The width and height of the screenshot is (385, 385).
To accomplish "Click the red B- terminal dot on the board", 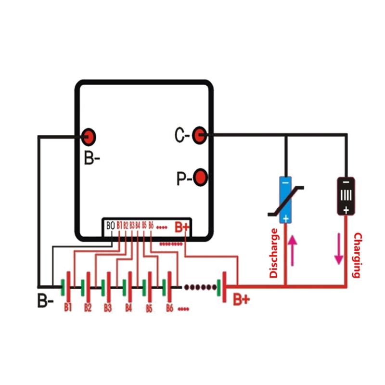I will pos(89,137).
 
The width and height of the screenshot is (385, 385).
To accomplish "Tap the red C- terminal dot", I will pos(199,136).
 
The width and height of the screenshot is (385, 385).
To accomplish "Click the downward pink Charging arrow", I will pos(339,249).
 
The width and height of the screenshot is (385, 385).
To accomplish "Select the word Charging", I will pos(357,255).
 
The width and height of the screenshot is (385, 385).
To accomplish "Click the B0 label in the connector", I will pos(110,225).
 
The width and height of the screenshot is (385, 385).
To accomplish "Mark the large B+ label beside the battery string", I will pos(242,299).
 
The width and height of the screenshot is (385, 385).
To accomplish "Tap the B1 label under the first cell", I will pos(68,306).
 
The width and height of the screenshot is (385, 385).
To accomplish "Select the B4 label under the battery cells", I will pos(128,307).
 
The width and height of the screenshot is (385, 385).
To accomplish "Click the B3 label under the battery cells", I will pos(108,307).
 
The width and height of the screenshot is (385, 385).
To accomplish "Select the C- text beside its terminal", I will pos(181,136).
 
